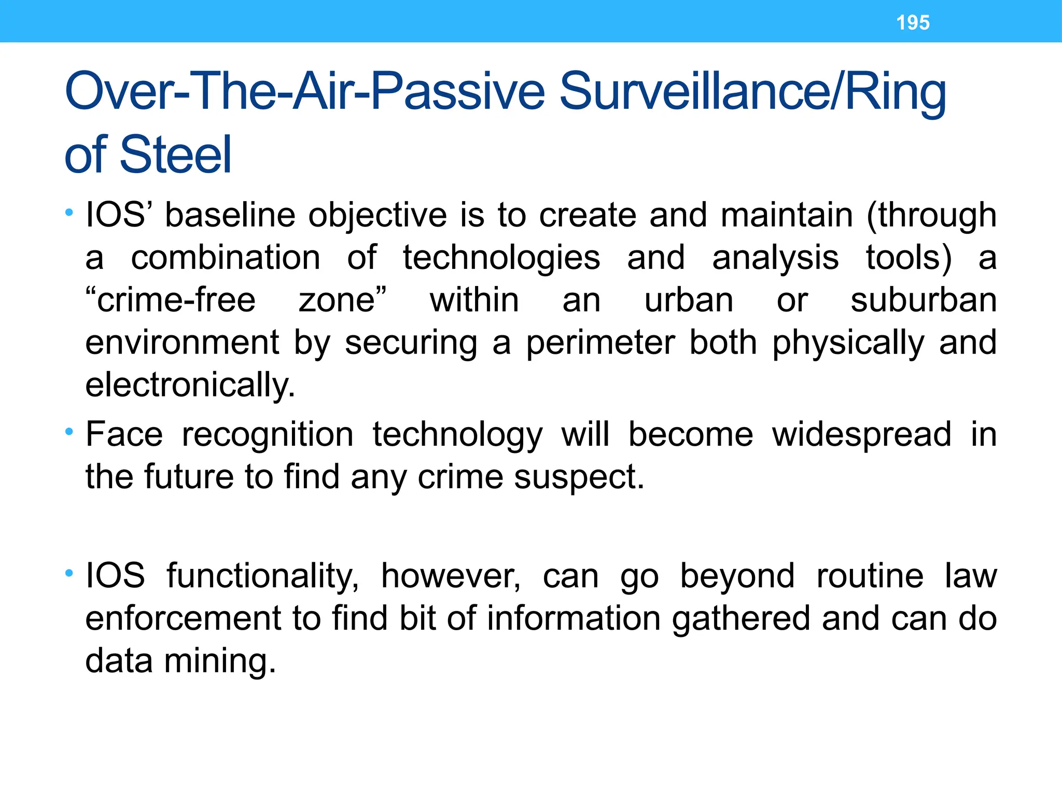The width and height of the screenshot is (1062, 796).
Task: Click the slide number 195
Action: [913, 23]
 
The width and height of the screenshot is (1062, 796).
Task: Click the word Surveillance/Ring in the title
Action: [752, 92]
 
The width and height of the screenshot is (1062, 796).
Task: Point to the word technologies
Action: [501, 258]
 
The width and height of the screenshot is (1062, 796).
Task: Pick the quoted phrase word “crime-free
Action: [171, 300]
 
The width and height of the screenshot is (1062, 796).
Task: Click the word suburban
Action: [924, 300]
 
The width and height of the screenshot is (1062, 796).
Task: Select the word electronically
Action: [190, 385]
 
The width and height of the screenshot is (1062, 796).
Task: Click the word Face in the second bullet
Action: [124, 434]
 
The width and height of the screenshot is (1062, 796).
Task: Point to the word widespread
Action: [861, 434]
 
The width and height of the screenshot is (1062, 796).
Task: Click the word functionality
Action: [262, 576]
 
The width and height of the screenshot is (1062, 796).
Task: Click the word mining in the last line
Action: [220, 661]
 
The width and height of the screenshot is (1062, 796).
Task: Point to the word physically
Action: [848, 343]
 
